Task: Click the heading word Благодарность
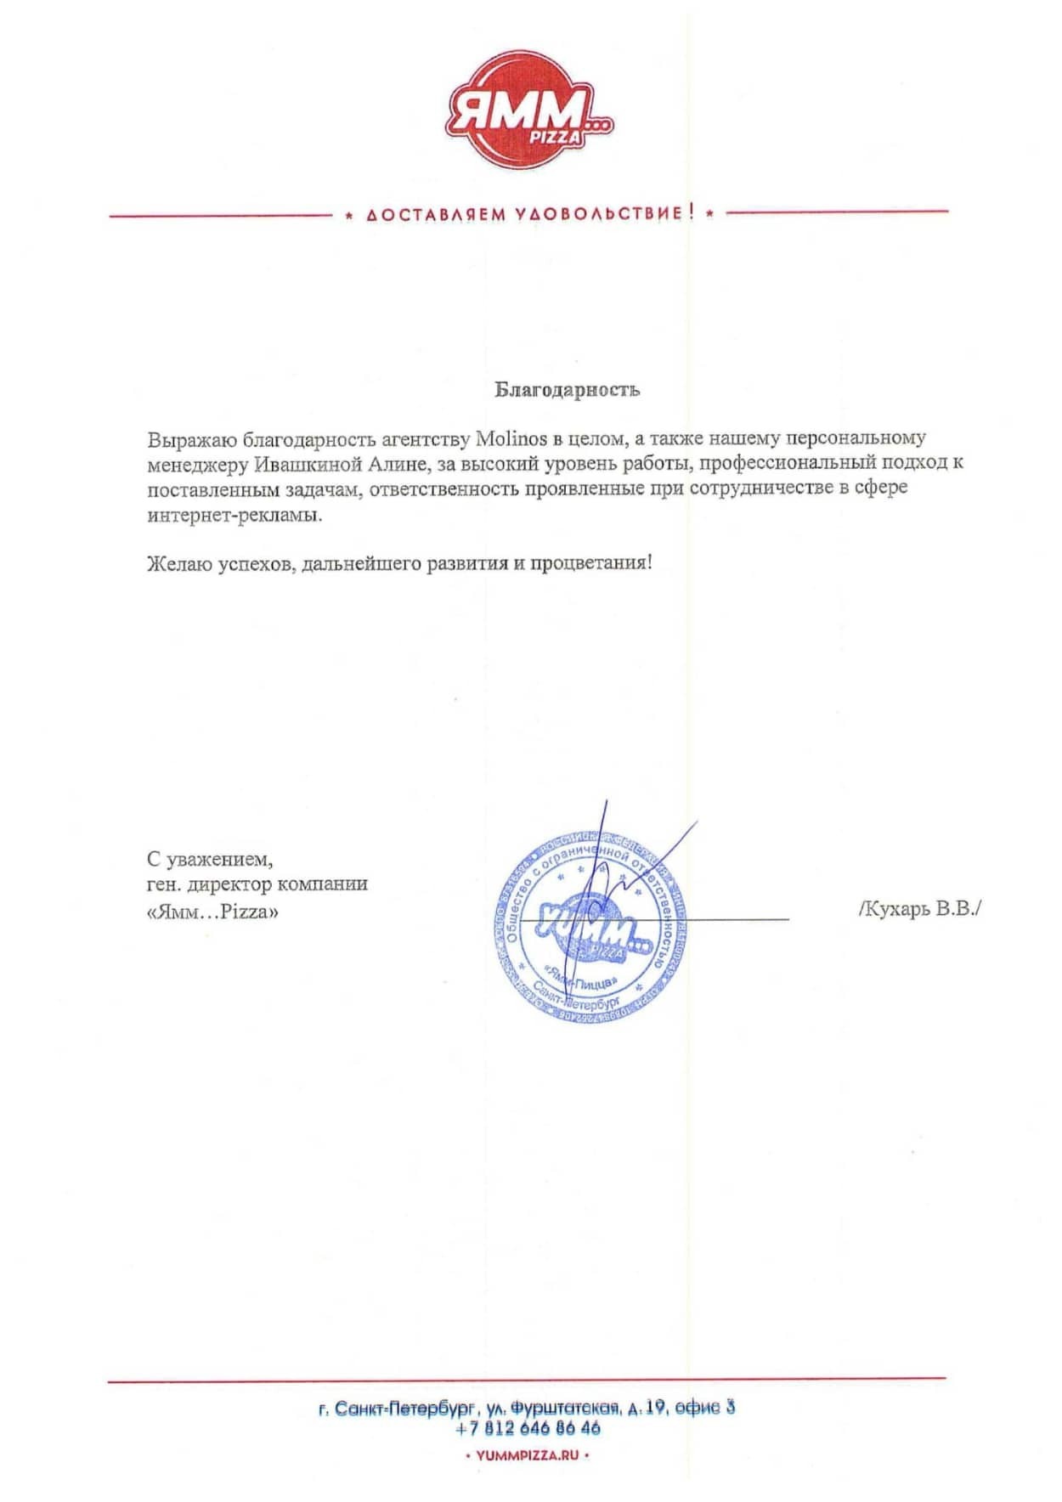click(567, 390)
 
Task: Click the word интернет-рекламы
click(234, 515)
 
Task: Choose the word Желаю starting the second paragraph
click(179, 562)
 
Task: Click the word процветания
click(591, 562)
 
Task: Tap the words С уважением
click(210, 860)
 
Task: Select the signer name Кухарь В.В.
click(920, 908)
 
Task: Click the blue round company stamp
click(591, 928)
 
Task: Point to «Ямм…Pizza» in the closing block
click(212, 912)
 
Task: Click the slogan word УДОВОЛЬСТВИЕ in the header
click(598, 213)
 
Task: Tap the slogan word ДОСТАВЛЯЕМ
click(436, 214)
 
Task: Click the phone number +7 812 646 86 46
click(528, 1429)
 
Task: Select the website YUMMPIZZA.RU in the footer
click(528, 1455)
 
